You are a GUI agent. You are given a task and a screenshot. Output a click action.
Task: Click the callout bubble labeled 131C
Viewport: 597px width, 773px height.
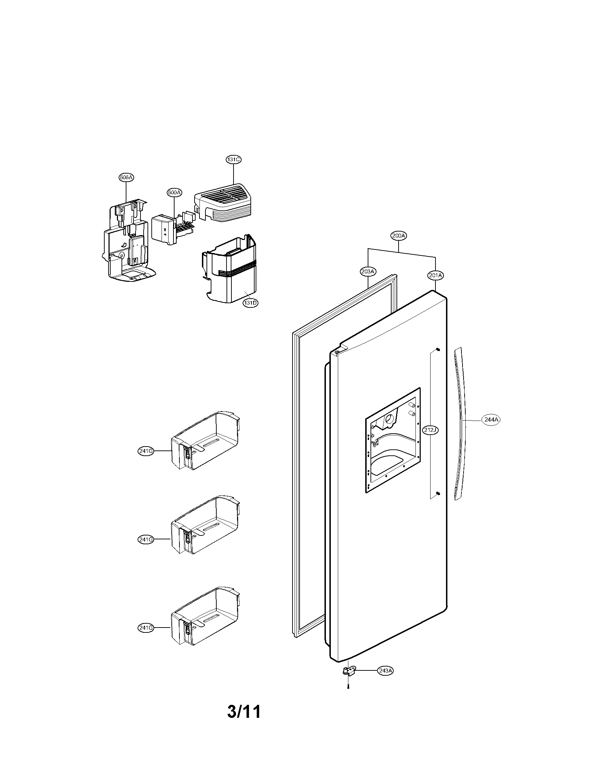click(234, 160)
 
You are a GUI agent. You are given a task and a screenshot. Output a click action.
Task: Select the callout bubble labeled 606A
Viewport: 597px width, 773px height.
click(126, 177)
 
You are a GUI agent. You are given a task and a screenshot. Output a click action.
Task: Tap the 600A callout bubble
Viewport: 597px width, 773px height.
click(175, 193)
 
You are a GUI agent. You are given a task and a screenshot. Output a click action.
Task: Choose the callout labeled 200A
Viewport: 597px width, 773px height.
click(399, 235)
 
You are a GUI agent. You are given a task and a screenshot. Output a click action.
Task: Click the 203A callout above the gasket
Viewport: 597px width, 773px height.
click(368, 272)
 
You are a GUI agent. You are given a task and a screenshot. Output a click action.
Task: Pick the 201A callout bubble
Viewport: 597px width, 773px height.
click(435, 275)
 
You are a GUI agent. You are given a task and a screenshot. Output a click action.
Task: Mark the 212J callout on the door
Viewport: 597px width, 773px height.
click(431, 430)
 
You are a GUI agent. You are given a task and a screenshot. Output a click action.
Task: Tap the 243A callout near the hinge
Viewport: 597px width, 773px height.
click(385, 670)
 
